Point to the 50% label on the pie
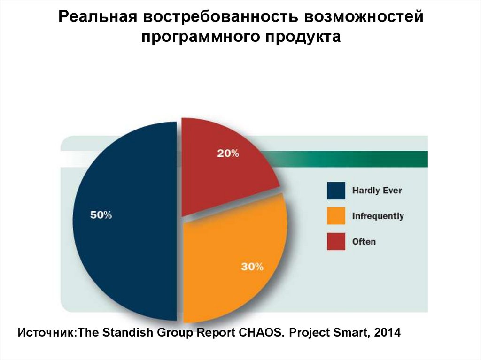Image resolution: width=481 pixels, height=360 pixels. point(101,215)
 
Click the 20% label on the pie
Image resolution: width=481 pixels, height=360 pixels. point(228,153)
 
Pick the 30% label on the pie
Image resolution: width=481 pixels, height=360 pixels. point(252,267)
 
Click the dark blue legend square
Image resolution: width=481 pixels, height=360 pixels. point(335,191)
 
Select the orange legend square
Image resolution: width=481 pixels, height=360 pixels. point(335,216)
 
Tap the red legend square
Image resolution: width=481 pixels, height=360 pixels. point(335,241)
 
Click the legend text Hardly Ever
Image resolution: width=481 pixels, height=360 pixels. point(377,191)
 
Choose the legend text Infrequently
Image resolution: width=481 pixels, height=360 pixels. point(378,216)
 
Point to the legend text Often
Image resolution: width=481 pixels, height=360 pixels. point(364,241)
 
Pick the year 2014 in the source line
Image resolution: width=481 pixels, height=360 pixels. point(388,333)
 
